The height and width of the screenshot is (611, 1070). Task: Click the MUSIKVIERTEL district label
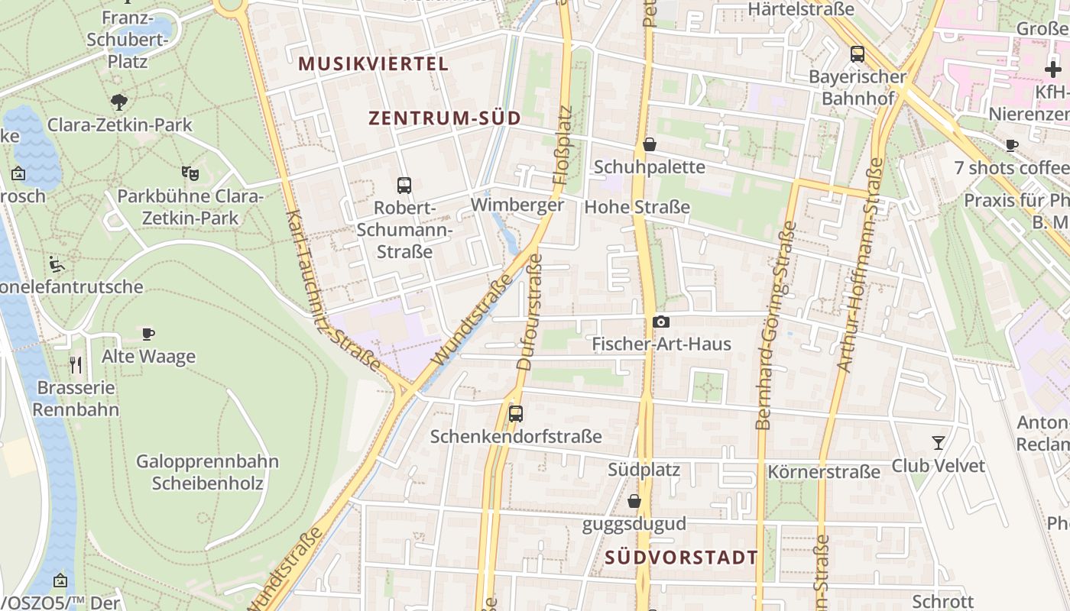(373, 63)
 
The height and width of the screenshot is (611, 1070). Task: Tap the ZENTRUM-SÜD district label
(445, 118)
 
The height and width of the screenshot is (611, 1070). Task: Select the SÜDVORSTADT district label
(681, 558)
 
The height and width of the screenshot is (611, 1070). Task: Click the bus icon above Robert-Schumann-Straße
(404, 185)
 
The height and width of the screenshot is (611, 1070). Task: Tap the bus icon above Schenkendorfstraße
(516, 414)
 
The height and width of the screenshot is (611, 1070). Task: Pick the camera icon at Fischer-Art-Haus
(661, 322)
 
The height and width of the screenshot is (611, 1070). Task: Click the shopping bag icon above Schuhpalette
(650, 144)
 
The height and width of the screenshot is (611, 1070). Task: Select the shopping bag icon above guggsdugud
(634, 502)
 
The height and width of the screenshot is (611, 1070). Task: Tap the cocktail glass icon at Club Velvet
(939, 443)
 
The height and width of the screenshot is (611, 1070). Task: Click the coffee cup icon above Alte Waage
(148, 334)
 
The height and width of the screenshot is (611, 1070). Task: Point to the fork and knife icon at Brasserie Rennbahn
(76, 364)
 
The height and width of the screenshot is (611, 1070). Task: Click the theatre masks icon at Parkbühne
(190, 173)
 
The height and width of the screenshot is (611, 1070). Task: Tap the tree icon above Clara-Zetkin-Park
(119, 102)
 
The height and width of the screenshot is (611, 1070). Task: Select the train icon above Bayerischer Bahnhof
(858, 54)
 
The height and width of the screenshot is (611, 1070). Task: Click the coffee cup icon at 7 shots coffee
(1012, 145)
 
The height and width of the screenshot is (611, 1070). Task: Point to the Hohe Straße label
(637, 207)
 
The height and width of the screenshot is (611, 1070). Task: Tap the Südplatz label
(644, 469)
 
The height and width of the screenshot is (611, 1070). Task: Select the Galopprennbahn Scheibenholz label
(207, 472)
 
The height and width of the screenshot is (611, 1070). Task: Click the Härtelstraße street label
(801, 9)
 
